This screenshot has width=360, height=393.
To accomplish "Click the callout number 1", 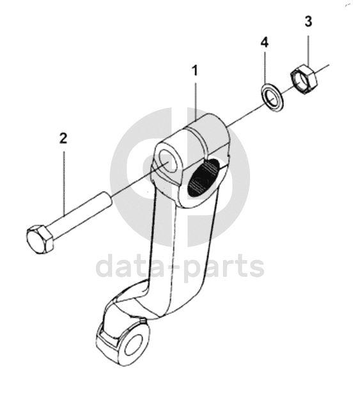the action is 195,70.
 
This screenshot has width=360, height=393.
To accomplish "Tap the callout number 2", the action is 63,138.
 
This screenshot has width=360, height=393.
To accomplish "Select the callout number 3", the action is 308,21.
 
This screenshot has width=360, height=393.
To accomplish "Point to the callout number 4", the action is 265,42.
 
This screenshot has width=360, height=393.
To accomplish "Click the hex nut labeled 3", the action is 304,79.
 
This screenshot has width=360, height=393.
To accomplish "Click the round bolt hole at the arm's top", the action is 168,161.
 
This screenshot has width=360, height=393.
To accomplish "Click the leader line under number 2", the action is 64,183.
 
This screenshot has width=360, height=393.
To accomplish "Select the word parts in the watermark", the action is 224,268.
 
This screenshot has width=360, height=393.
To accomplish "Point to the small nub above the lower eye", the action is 143,320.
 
